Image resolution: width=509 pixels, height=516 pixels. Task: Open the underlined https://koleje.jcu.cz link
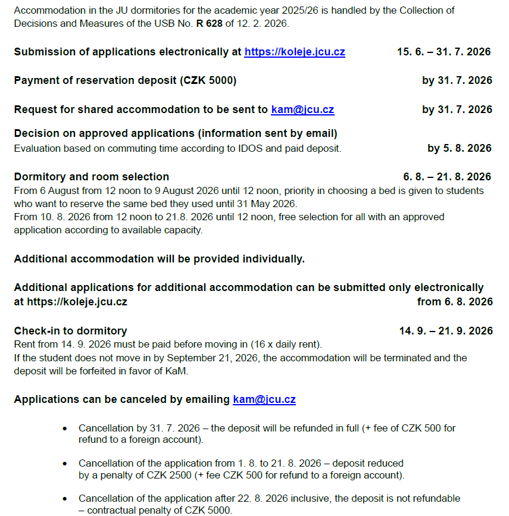[294, 52]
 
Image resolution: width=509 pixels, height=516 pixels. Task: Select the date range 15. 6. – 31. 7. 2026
[444, 52]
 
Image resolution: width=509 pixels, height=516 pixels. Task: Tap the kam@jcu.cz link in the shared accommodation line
[302, 110]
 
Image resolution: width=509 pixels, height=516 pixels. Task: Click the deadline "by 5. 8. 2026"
[460, 148]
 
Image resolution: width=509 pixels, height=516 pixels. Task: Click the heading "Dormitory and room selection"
[92, 177]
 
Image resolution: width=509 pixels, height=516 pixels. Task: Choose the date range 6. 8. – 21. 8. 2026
[447, 177]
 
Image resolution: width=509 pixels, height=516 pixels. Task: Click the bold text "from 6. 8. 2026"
[455, 302]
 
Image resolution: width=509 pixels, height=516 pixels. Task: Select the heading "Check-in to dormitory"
[70, 331]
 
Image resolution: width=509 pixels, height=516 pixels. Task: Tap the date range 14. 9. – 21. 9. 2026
[446, 331]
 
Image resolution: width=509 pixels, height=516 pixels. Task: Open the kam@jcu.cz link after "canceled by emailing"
[264, 399]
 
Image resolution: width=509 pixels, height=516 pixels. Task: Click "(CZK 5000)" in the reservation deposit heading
[207, 81]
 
